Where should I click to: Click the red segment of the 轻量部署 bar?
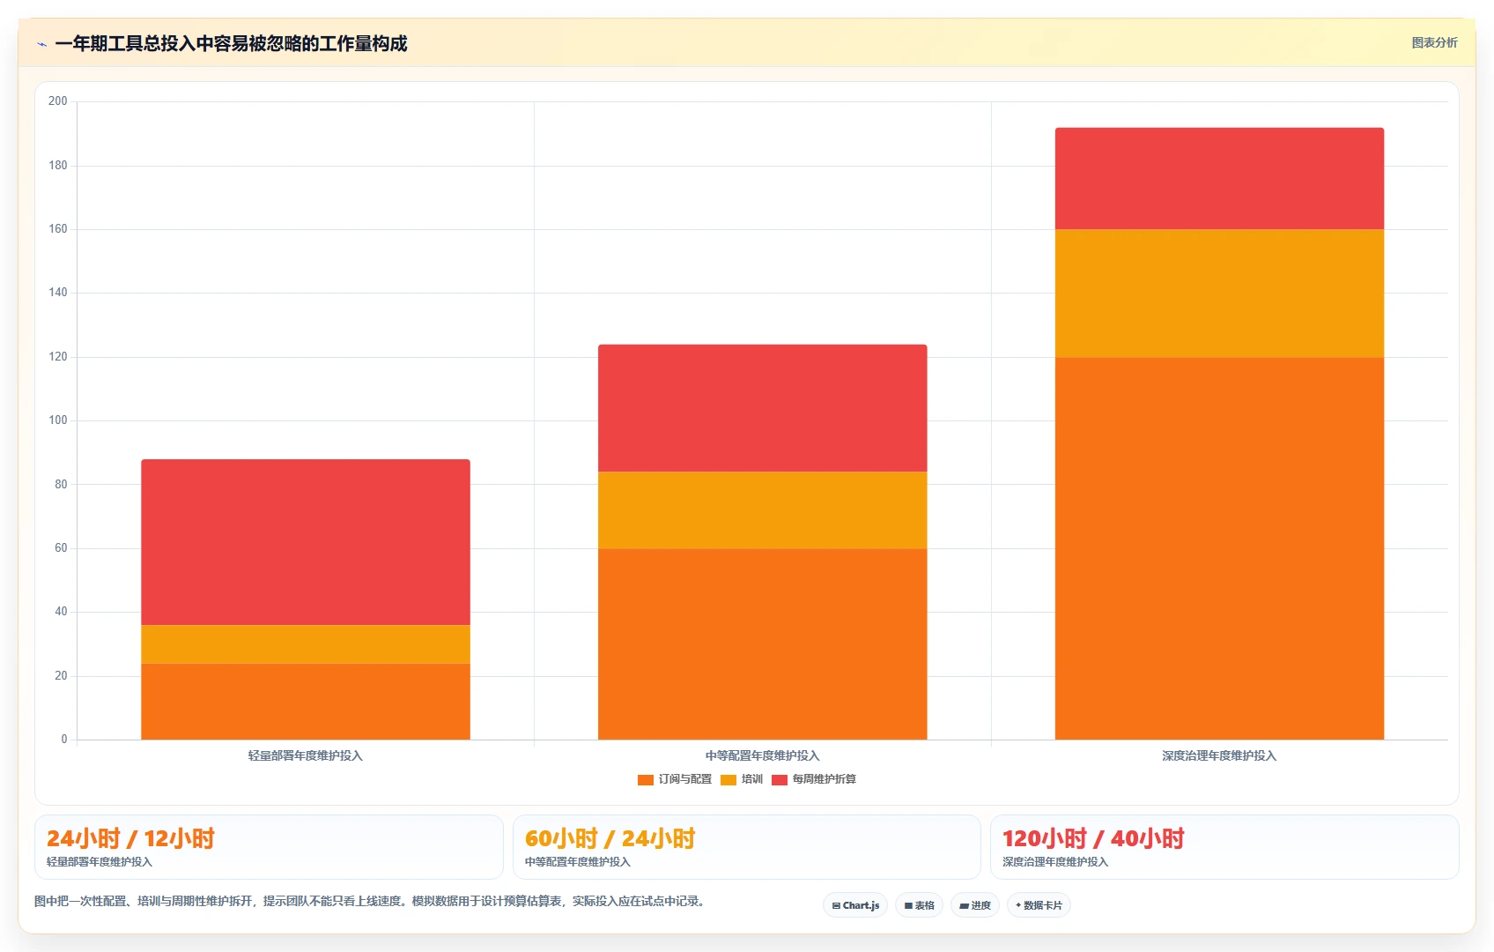coord(306,542)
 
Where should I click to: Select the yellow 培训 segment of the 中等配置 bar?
coord(762,510)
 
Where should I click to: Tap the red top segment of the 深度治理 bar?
coord(1219,178)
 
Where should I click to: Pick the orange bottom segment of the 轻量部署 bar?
coord(306,702)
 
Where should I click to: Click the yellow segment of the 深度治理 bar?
coord(1219,294)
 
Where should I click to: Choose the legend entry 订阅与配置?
coord(675,779)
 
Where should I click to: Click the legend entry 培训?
coord(742,779)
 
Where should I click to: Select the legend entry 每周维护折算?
coord(814,779)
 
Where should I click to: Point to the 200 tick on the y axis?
coord(58,100)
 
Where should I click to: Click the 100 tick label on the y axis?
coord(58,420)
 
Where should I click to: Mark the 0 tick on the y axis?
coord(64,739)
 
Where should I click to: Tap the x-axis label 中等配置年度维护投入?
coord(762,755)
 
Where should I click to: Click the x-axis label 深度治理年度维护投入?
coord(1219,755)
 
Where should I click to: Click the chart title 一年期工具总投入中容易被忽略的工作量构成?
coord(231,44)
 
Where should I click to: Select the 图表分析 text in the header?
coord(1435,42)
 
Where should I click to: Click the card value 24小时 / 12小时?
coord(130,838)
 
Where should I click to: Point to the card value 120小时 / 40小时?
coord(1093,838)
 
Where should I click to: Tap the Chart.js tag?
coord(855,905)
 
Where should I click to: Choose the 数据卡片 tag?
coord(1039,905)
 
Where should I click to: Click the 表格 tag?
coord(919,905)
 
